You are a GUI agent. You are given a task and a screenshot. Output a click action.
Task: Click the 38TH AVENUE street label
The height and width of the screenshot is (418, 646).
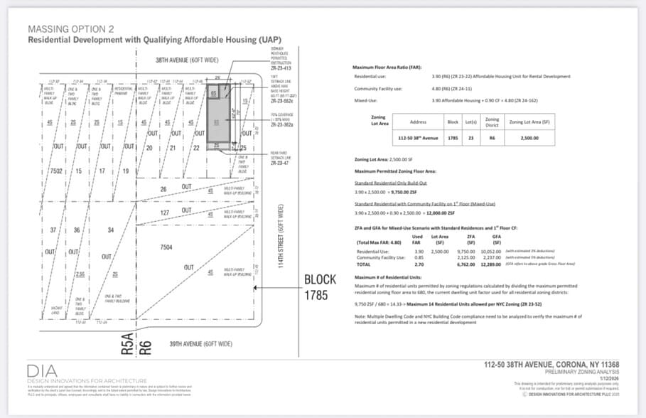point(186,60)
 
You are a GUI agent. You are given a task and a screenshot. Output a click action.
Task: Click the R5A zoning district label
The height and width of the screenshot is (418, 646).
point(126,345)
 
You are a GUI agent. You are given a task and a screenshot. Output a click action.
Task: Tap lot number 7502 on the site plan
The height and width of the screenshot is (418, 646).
point(57,171)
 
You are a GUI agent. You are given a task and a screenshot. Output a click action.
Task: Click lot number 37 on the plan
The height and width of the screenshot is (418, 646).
point(53,230)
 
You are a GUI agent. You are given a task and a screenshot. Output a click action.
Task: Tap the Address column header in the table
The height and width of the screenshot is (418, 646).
point(419,122)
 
